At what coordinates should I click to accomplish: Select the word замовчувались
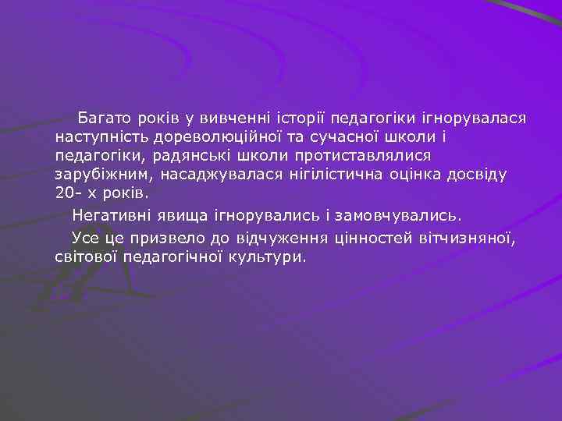pyautogui.click(x=400, y=214)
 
